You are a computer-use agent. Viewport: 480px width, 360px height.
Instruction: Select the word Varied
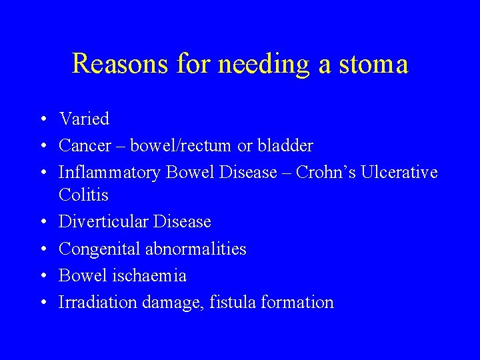pyautogui.click(x=84, y=119)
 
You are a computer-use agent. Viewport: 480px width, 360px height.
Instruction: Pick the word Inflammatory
pyautogui.click(x=110, y=173)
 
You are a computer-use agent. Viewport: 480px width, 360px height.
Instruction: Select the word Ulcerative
pyautogui.click(x=399, y=173)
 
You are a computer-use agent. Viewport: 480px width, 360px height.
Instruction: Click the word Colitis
pyautogui.click(x=83, y=195)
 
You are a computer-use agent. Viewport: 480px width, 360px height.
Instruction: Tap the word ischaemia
pyautogui.click(x=151, y=275)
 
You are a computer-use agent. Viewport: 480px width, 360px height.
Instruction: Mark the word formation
pyautogui.click(x=297, y=302)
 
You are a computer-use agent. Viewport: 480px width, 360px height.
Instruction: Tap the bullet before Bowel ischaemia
pyautogui.click(x=41, y=276)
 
